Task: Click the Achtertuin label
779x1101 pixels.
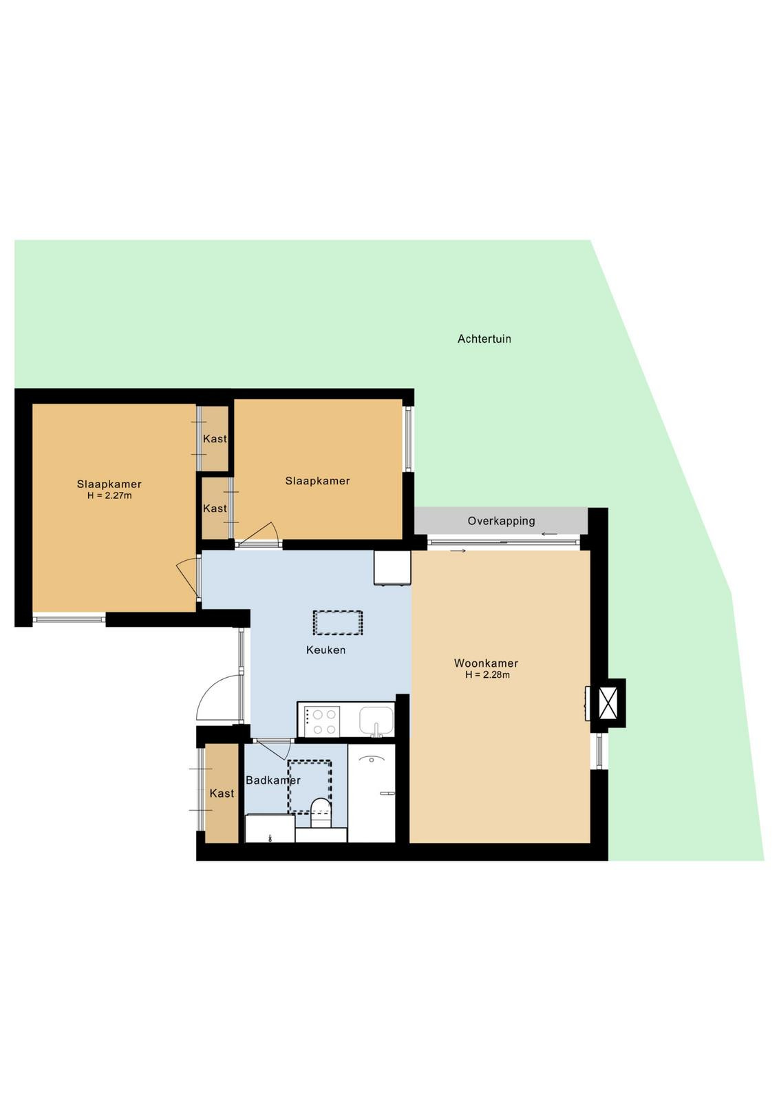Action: point(484,339)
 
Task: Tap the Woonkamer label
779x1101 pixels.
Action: point(486,663)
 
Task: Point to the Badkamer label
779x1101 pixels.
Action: point(273,780)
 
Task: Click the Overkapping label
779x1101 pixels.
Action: point(501,521)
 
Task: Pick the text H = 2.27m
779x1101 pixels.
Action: point(109,495)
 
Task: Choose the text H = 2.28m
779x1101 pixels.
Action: point(487,675)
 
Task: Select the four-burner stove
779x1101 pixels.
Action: point(322,722)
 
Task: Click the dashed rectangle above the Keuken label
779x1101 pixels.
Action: point(338,623)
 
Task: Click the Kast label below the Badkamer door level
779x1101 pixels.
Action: point(222,793)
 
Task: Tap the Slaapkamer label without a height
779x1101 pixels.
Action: point(317,481)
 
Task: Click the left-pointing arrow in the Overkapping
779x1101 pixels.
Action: point(549,534)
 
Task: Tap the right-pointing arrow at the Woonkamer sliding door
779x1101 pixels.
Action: point(458,551)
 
